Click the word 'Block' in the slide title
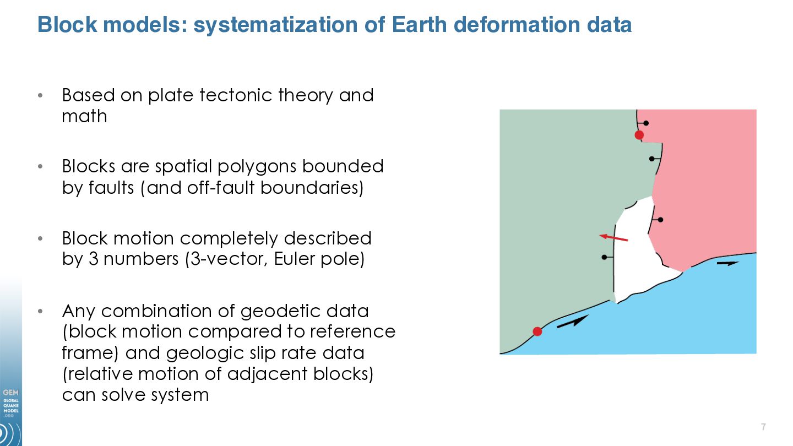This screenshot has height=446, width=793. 67,24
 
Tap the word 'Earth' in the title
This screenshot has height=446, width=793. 419,24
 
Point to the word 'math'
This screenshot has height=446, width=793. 84,116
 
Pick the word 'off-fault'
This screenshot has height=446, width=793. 220,187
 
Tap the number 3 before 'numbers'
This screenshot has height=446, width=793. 93,259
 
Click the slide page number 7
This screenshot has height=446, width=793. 764,427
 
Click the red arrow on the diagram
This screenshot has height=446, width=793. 613,237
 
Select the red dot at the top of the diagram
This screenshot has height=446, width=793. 639,135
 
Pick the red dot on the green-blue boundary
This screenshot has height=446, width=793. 537,331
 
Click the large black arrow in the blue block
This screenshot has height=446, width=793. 573,322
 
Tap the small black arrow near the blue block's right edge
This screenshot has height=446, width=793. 728,263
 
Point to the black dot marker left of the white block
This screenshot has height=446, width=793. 604,257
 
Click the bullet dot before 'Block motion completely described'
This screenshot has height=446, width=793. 40,238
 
